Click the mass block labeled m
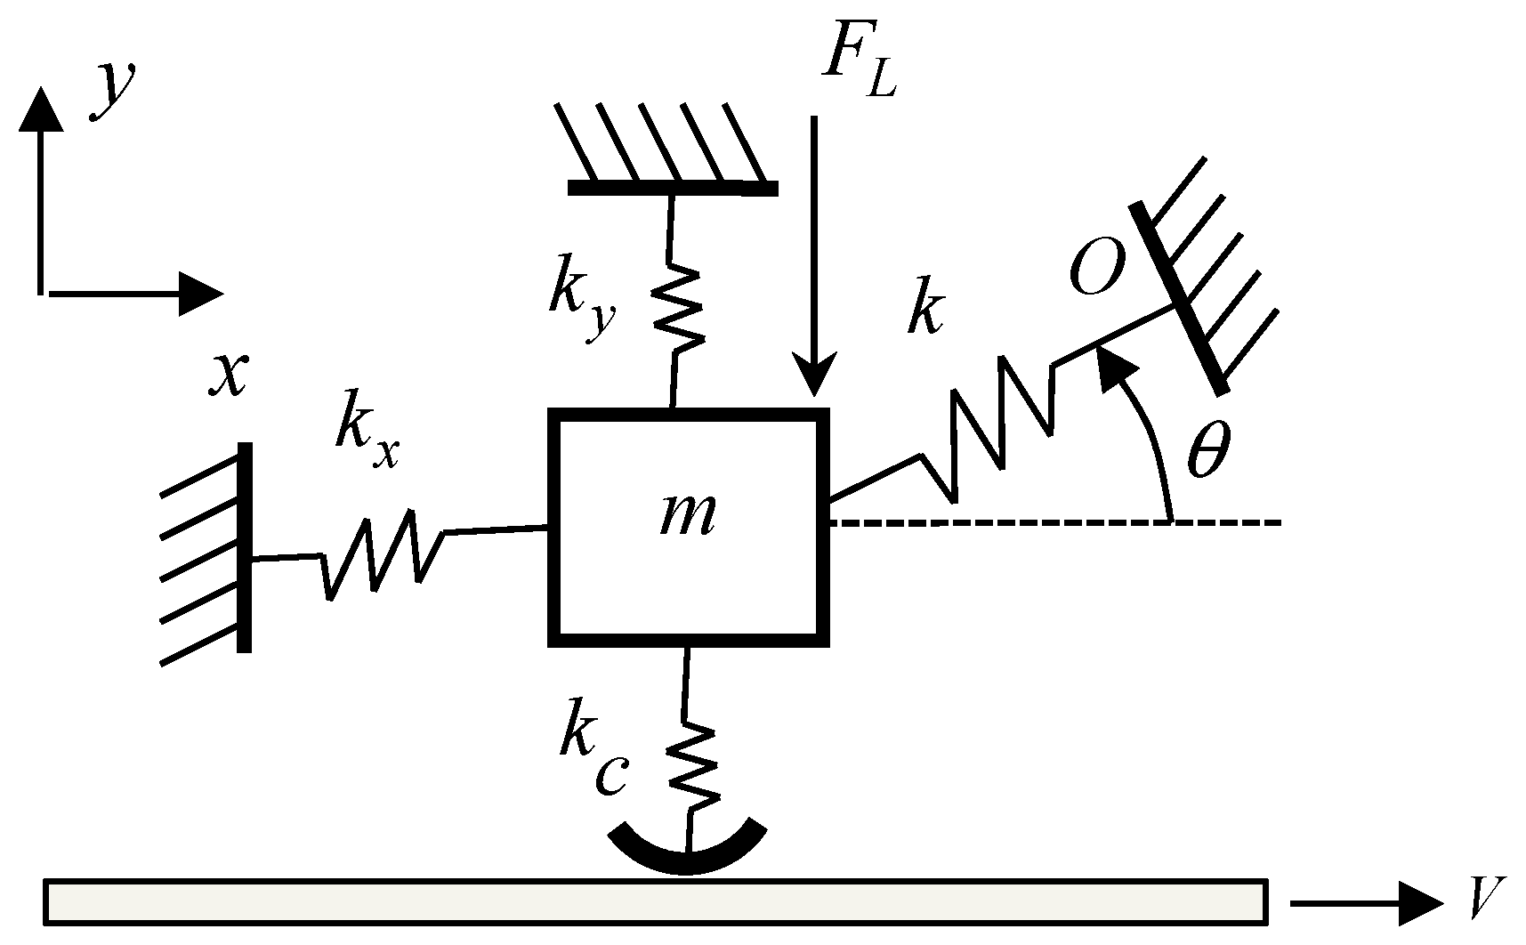688,525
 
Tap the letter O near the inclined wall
1095,268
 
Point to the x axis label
228,375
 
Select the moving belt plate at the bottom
654,900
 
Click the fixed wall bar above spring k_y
673,188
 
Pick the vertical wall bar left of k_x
245,547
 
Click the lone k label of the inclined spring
925,311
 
